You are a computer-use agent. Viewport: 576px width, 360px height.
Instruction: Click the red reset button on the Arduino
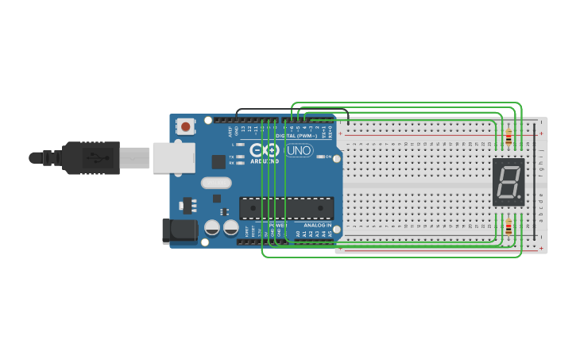pyautogui.click(x=186, y=126)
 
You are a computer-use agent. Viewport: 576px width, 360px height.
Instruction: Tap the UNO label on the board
pyautogui.click(x=299, y=150)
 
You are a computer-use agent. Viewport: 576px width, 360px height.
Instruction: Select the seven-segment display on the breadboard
pyautogui.click(x=508, y=182)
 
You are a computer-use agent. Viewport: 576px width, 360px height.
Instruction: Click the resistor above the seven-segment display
pyautogui.click(x=508, y=138)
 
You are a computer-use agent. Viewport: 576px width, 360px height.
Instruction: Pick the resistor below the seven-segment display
pyautogui.click(x=508, y=228)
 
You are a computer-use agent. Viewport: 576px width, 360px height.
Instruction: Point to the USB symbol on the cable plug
pyautogui.click(x=96, y=157)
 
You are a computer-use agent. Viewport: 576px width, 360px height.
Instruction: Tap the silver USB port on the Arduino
pyautogui.click(x=173, y=157)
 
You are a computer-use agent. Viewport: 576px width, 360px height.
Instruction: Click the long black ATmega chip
pyautogui.click(x=287, y=207)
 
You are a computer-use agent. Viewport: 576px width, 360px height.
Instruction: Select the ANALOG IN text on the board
pyautogui.click(x=317, y=226)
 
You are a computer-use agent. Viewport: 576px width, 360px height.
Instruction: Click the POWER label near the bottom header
pyautogui.click(x=278, y=226)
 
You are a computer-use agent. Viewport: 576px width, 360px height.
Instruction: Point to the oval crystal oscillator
pyautogui.click(x=216, y=182)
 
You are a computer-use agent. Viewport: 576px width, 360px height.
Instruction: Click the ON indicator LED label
pyautogui.click(x=328, y=157)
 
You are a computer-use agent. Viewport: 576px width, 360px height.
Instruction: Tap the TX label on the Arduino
pyautogui.click(x=230, y=157)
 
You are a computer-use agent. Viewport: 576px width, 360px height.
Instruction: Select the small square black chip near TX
pyautogui.click(x=218, y=161)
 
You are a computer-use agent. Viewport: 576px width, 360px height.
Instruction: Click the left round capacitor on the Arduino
pyautogui.click(x=212, y=227)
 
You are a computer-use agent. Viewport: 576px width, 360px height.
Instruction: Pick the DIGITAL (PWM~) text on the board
pyautogui.click(x=297, y=135)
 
